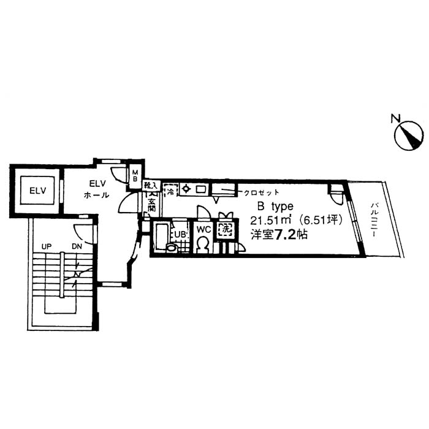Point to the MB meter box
pyautogui.click(x=135, y=176)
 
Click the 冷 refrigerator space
pyautogui.click(x=170, y=191)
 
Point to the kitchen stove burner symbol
pyautogui.click(x=187, y=189)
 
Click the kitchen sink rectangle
pyautogui.click(x=200, y=189)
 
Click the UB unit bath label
pyautogui.click(x=180, y=233)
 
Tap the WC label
pyautogui.click(x=203, y=229)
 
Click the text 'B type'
pyautogui.click(x=275, y=207)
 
